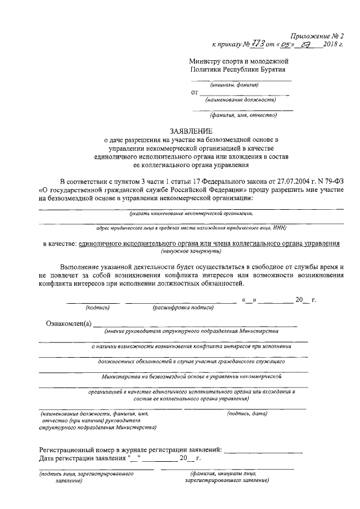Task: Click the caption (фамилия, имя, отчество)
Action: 244,116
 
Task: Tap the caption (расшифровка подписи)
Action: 183,308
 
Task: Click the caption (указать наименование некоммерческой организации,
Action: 191,214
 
